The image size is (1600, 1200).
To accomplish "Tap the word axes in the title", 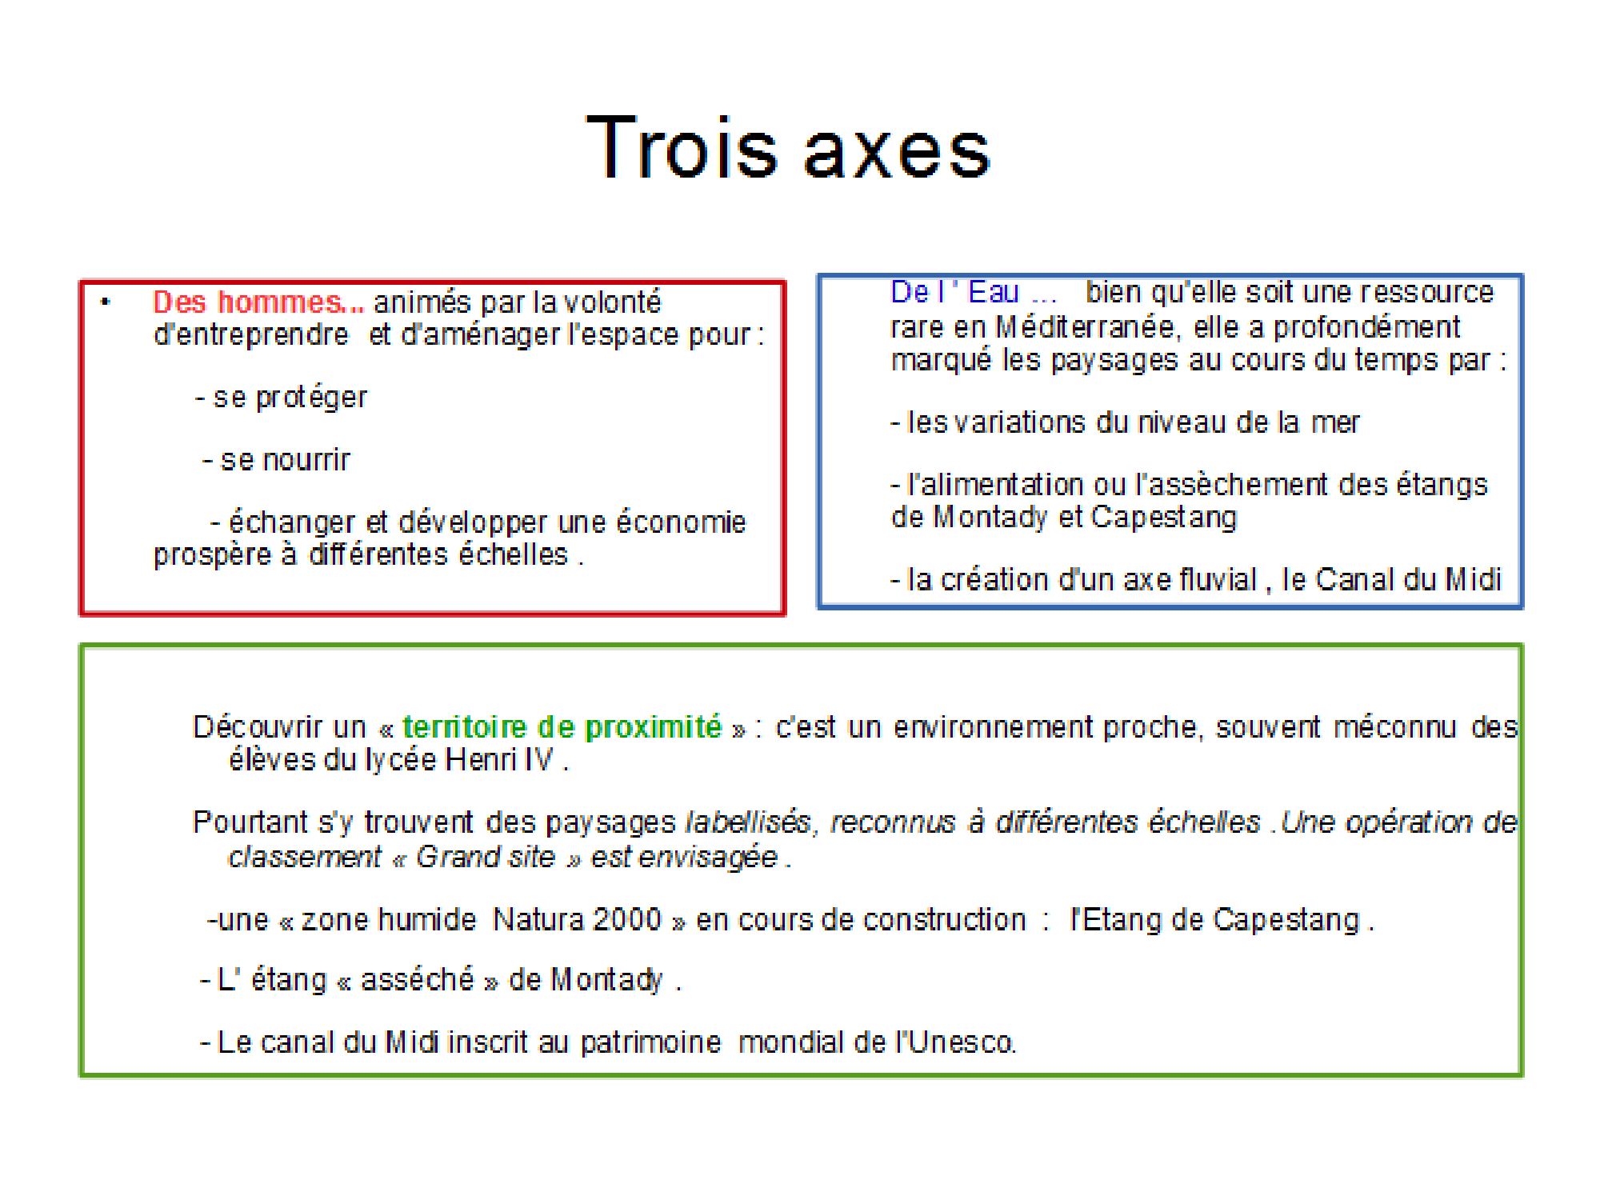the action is coord(898,152).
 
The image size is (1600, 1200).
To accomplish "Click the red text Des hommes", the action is coord(258,302).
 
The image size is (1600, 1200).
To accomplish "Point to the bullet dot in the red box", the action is coord(105,302).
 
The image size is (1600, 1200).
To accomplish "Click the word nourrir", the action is coord(306,460).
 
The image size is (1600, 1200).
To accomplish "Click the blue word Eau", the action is coord(994,292).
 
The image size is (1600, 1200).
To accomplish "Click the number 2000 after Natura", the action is coord(627,920).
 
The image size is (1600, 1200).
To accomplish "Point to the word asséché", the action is coord(417,979).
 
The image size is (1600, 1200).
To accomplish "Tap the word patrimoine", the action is coord(650,1042).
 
